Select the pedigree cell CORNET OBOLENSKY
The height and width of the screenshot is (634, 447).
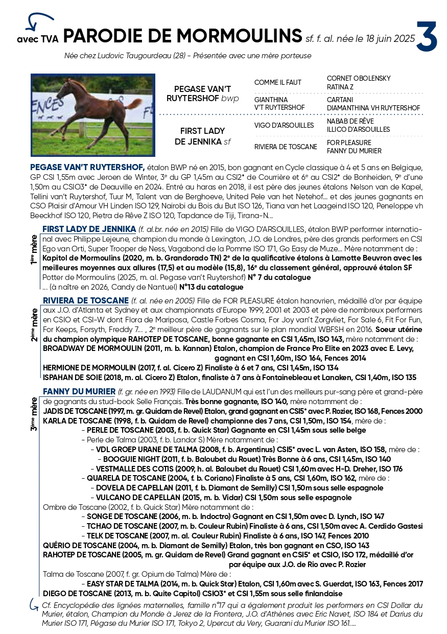point(359,78)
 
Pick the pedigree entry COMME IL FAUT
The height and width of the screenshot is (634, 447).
point(278,82)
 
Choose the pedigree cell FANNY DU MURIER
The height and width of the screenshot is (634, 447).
point(354,151)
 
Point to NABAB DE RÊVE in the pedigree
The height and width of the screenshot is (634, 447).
point(350,121)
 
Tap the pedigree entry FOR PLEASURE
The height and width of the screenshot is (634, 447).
point(349,143)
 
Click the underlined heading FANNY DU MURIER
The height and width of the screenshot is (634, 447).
point(79,391)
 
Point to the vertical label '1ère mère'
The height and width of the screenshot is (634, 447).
point(34,249)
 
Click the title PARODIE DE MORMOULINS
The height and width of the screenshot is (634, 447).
point(183,36)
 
